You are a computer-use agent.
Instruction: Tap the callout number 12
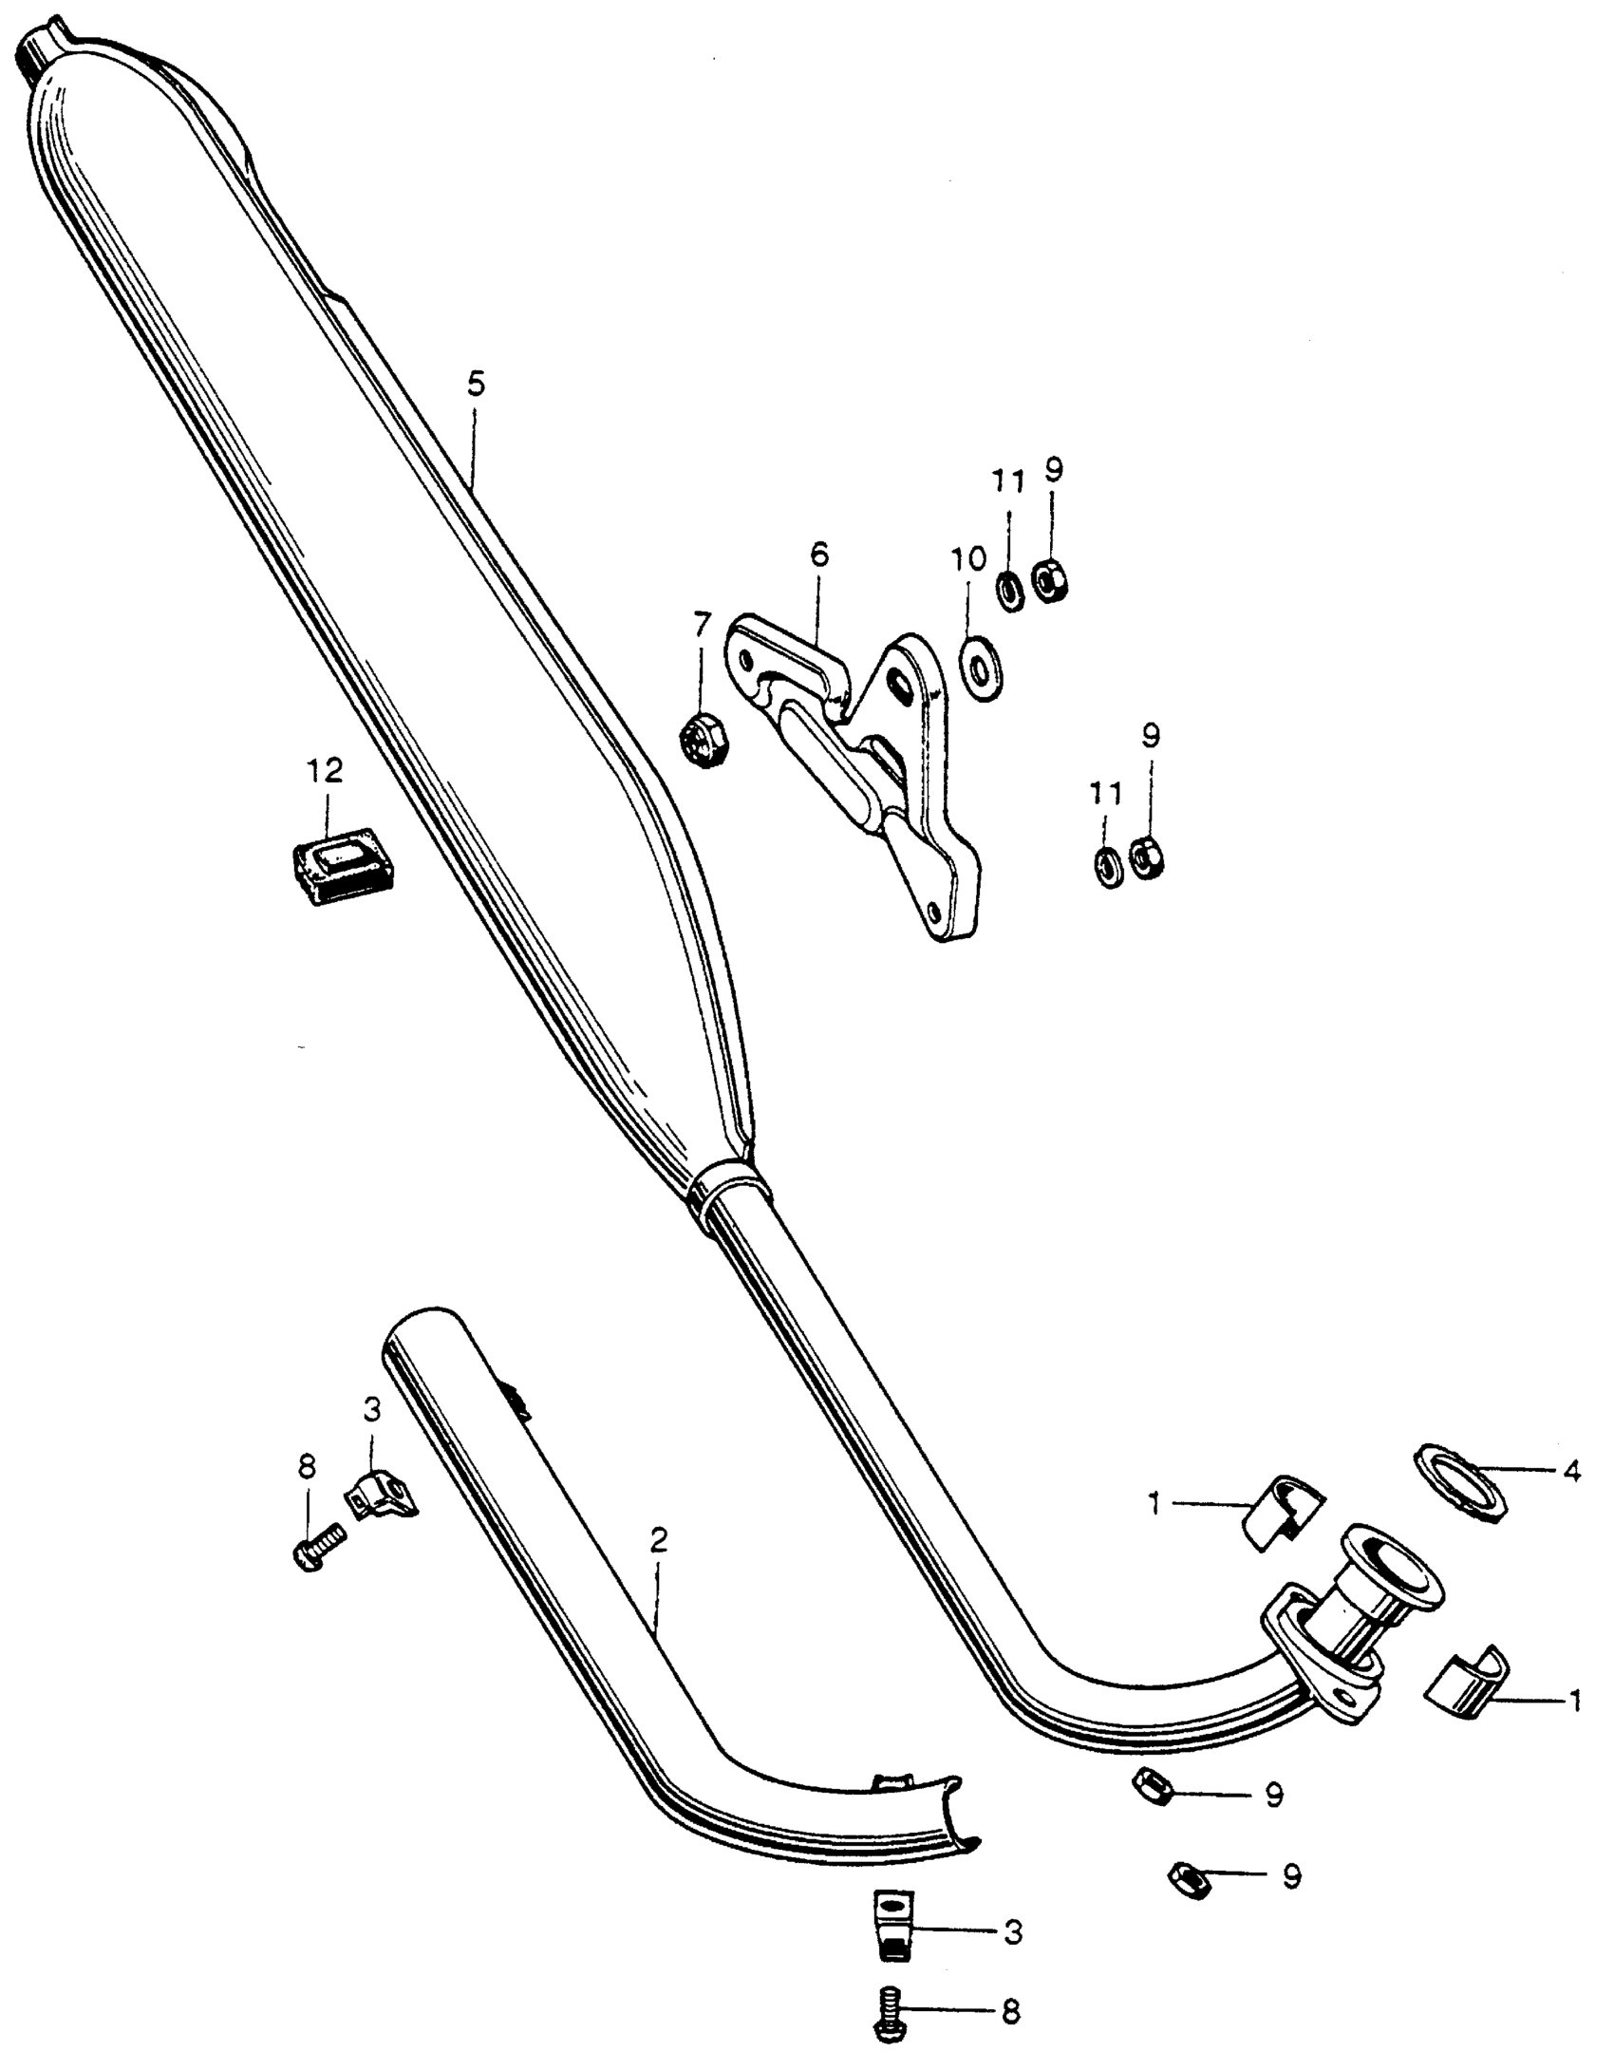(x=325, y=771)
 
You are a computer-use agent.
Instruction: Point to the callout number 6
(x=818, y=555)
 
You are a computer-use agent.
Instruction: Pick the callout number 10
(x=968, y=560)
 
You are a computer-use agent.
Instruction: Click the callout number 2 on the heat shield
(x=659, y=1540)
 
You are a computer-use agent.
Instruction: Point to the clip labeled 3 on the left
(x=378, y=1499)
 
